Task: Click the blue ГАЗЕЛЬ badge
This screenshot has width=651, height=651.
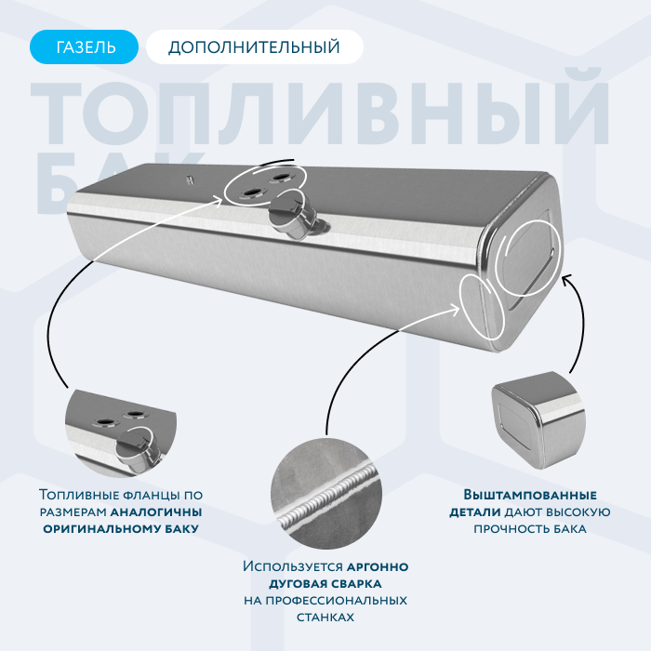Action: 84,46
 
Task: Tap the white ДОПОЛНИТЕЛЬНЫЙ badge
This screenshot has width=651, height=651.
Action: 255,46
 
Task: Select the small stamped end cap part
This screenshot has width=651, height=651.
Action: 538,419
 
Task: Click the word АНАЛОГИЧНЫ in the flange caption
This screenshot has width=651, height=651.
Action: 156,511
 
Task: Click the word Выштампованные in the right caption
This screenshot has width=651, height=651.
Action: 530,495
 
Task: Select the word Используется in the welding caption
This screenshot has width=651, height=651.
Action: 293,566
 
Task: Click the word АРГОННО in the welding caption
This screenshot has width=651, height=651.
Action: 378,566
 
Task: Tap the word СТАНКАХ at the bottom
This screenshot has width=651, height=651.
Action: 325,618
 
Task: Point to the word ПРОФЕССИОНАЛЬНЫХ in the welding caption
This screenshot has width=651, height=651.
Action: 337,601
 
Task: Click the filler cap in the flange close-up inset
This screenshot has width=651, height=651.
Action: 134,449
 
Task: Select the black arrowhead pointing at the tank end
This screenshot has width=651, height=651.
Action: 566,279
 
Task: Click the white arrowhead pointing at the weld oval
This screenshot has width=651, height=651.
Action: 454,309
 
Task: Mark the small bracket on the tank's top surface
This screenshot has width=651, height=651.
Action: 190,180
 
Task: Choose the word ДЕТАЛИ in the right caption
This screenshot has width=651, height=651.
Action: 475,512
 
